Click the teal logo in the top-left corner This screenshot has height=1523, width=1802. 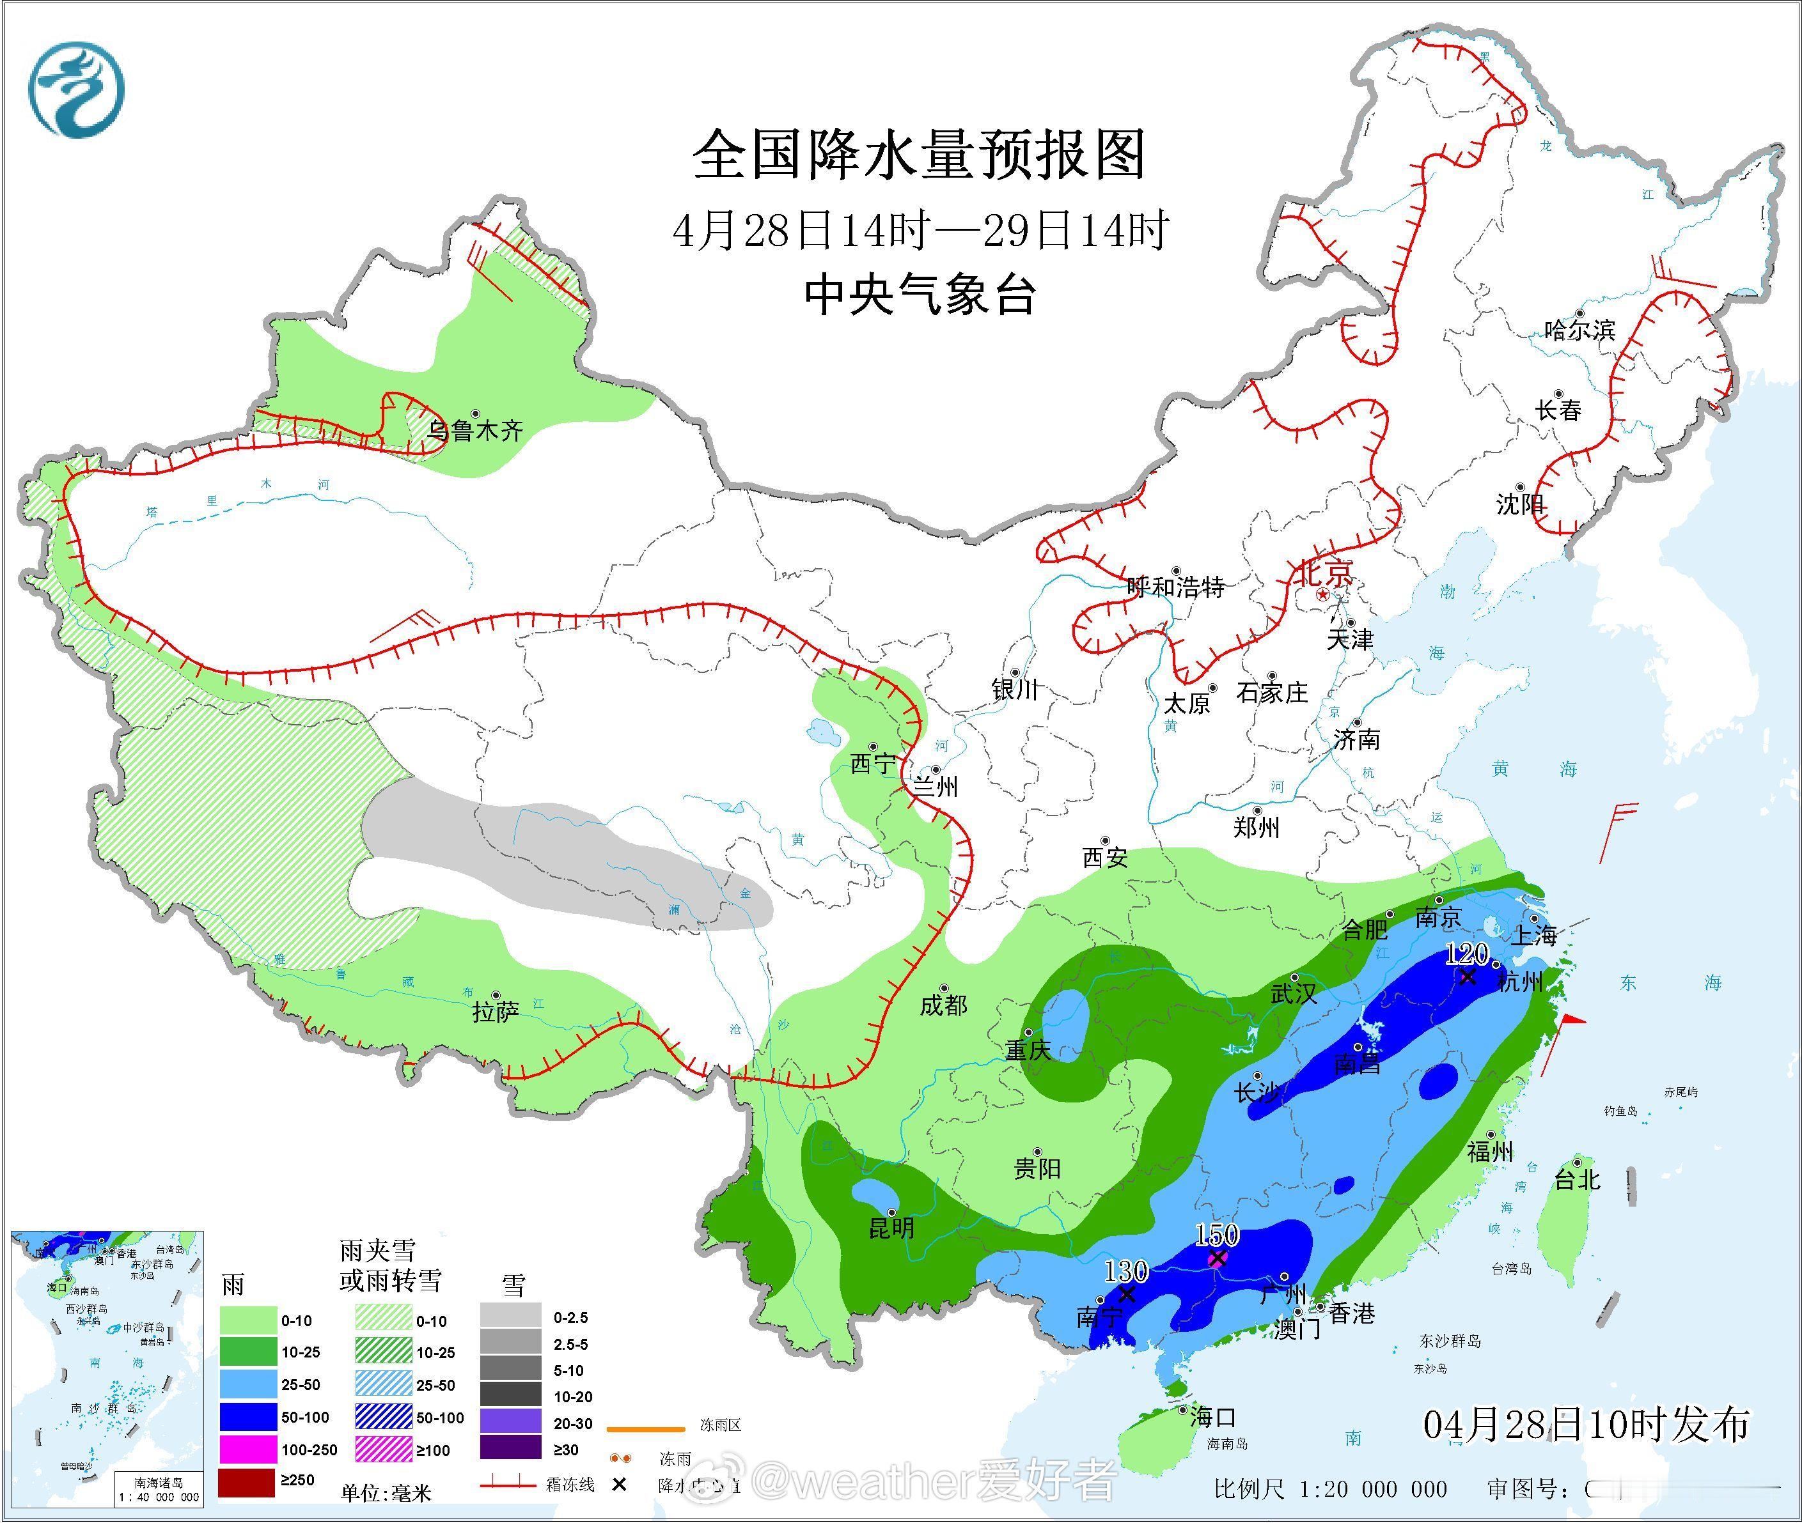point(76,89)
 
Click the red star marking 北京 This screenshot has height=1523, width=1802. point(1322,595)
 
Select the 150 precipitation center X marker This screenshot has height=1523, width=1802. point(1217,1259)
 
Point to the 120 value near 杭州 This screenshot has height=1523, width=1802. point(1467,955)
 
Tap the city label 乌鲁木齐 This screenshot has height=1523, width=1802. point(476,430)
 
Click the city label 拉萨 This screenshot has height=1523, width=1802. point(495,1012)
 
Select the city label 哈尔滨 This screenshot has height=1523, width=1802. point(1579,330)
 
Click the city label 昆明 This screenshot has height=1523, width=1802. point(891,1228)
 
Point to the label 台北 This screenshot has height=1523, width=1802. point(1578,1179)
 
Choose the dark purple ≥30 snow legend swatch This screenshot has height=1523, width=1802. point(510,1450)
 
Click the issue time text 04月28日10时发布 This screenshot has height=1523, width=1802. point(1586,1423)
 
